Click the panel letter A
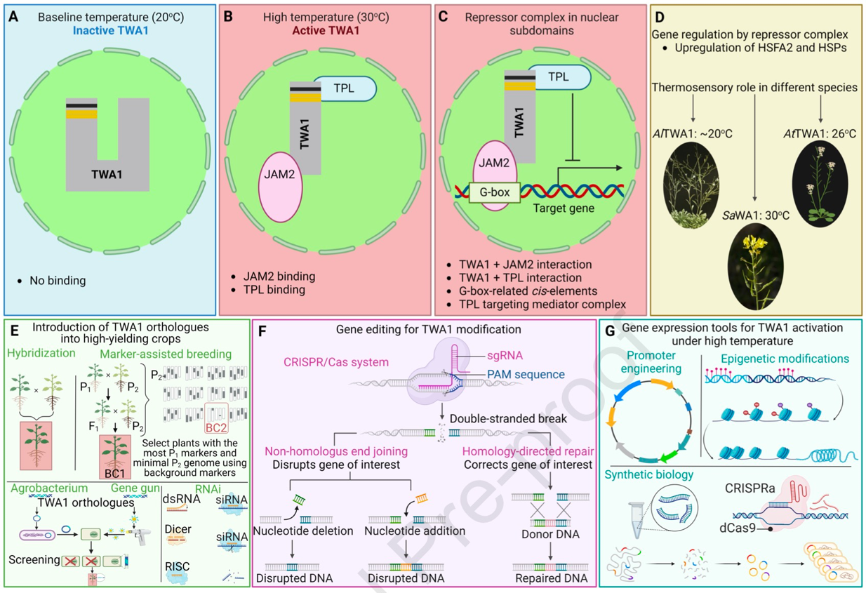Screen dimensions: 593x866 (13, 15)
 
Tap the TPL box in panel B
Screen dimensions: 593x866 (344, 89)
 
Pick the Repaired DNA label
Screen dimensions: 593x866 (550, 580)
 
